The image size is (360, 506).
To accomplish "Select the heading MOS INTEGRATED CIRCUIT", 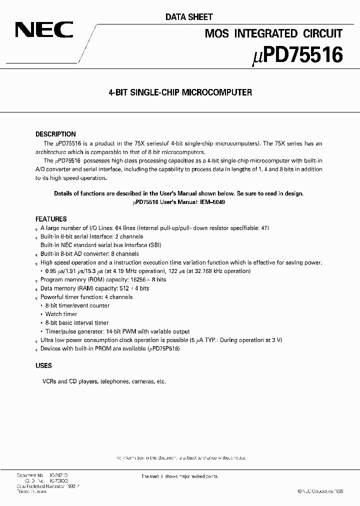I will click(x=274, y=33).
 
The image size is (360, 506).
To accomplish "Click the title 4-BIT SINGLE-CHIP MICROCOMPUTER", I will click(x=180, y=92).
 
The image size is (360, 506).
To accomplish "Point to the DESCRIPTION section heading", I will click(x=55, y=134).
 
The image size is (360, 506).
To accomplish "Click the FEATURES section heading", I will click(x=51, y=219).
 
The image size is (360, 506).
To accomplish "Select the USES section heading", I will click(x=43, y=366).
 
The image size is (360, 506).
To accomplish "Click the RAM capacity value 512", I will click(x=123, y=288).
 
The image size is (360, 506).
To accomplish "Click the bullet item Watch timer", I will click(x=61, y=314).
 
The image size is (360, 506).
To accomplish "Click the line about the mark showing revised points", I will click(x=179, y=476).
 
